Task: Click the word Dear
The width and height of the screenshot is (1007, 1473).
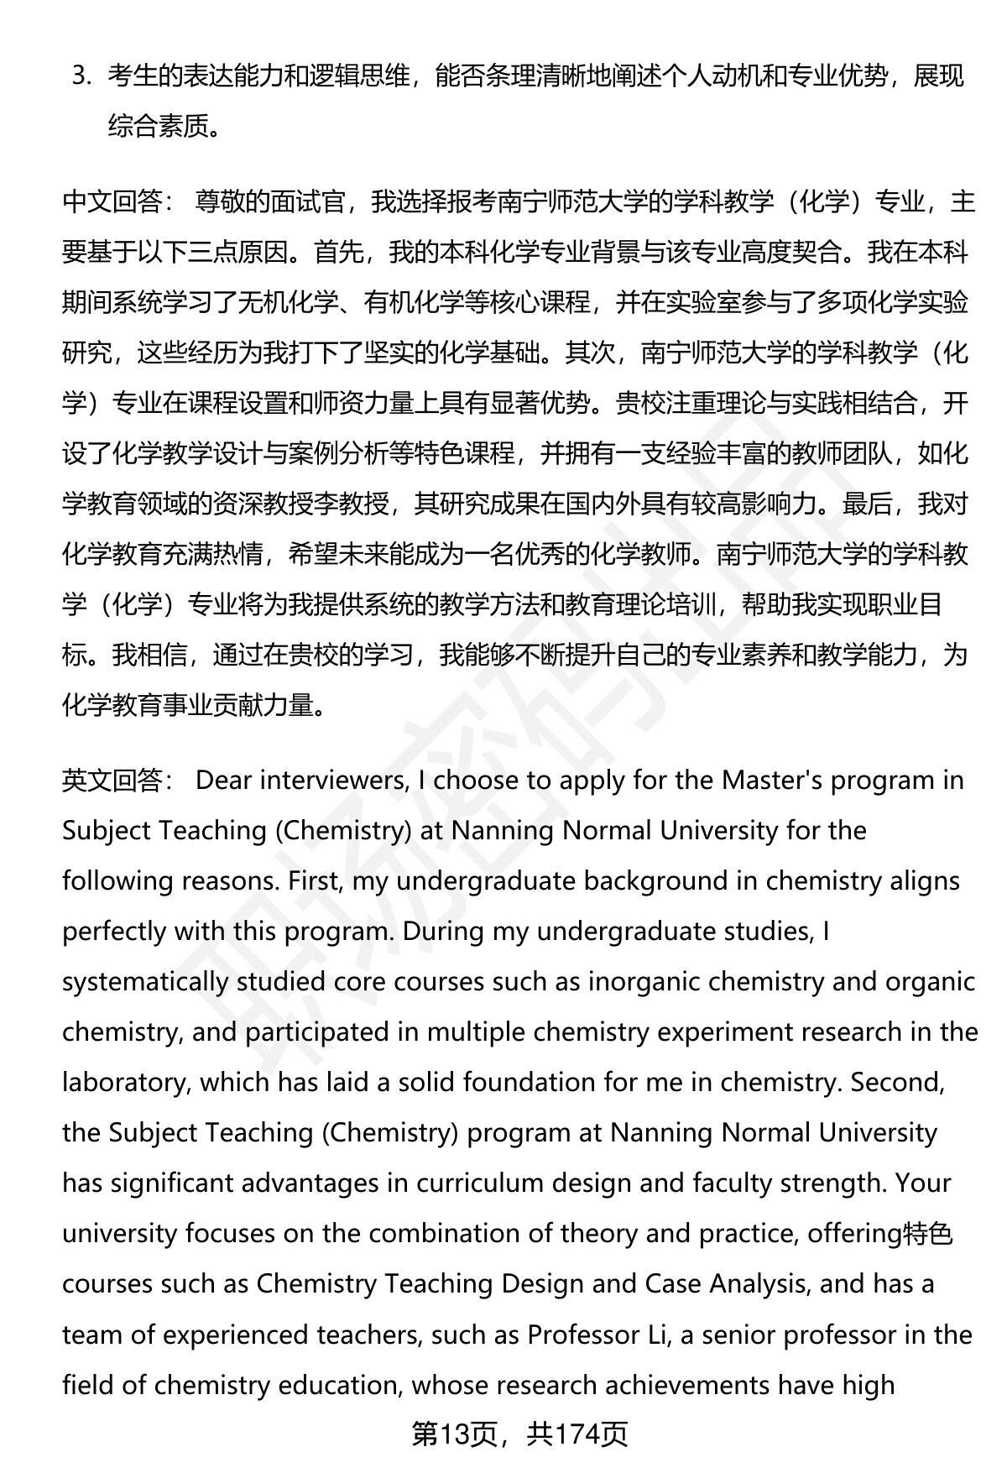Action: click(223, 781)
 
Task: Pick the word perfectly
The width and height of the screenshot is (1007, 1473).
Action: click(114, 932)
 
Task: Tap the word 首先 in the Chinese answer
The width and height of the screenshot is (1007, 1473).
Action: click(338, 253)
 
